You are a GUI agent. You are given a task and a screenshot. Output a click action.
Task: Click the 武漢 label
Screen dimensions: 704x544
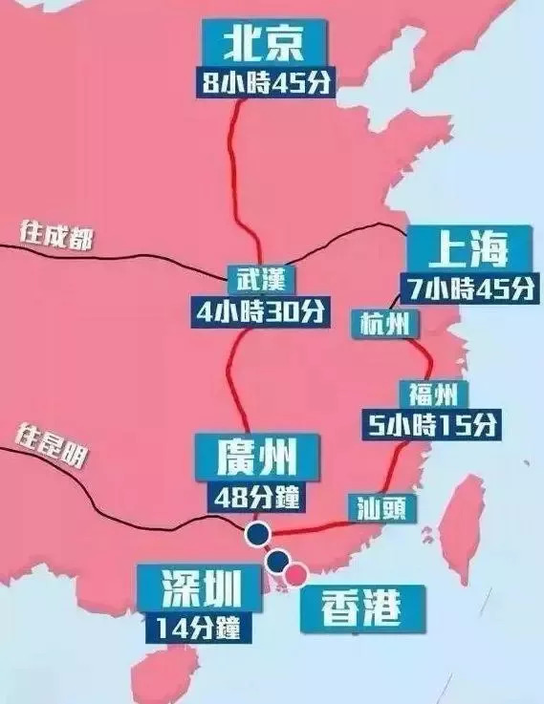click(259, 280)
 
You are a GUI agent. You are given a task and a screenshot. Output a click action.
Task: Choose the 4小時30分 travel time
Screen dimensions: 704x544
click(259, 311)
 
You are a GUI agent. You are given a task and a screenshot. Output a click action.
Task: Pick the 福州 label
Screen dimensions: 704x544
click(424, 392)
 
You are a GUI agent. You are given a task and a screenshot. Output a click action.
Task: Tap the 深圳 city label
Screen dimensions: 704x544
click(199, 587)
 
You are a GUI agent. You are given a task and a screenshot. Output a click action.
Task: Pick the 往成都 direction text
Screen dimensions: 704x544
click(57, 235)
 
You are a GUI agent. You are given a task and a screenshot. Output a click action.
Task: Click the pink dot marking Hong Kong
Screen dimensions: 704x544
click(298, 572)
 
